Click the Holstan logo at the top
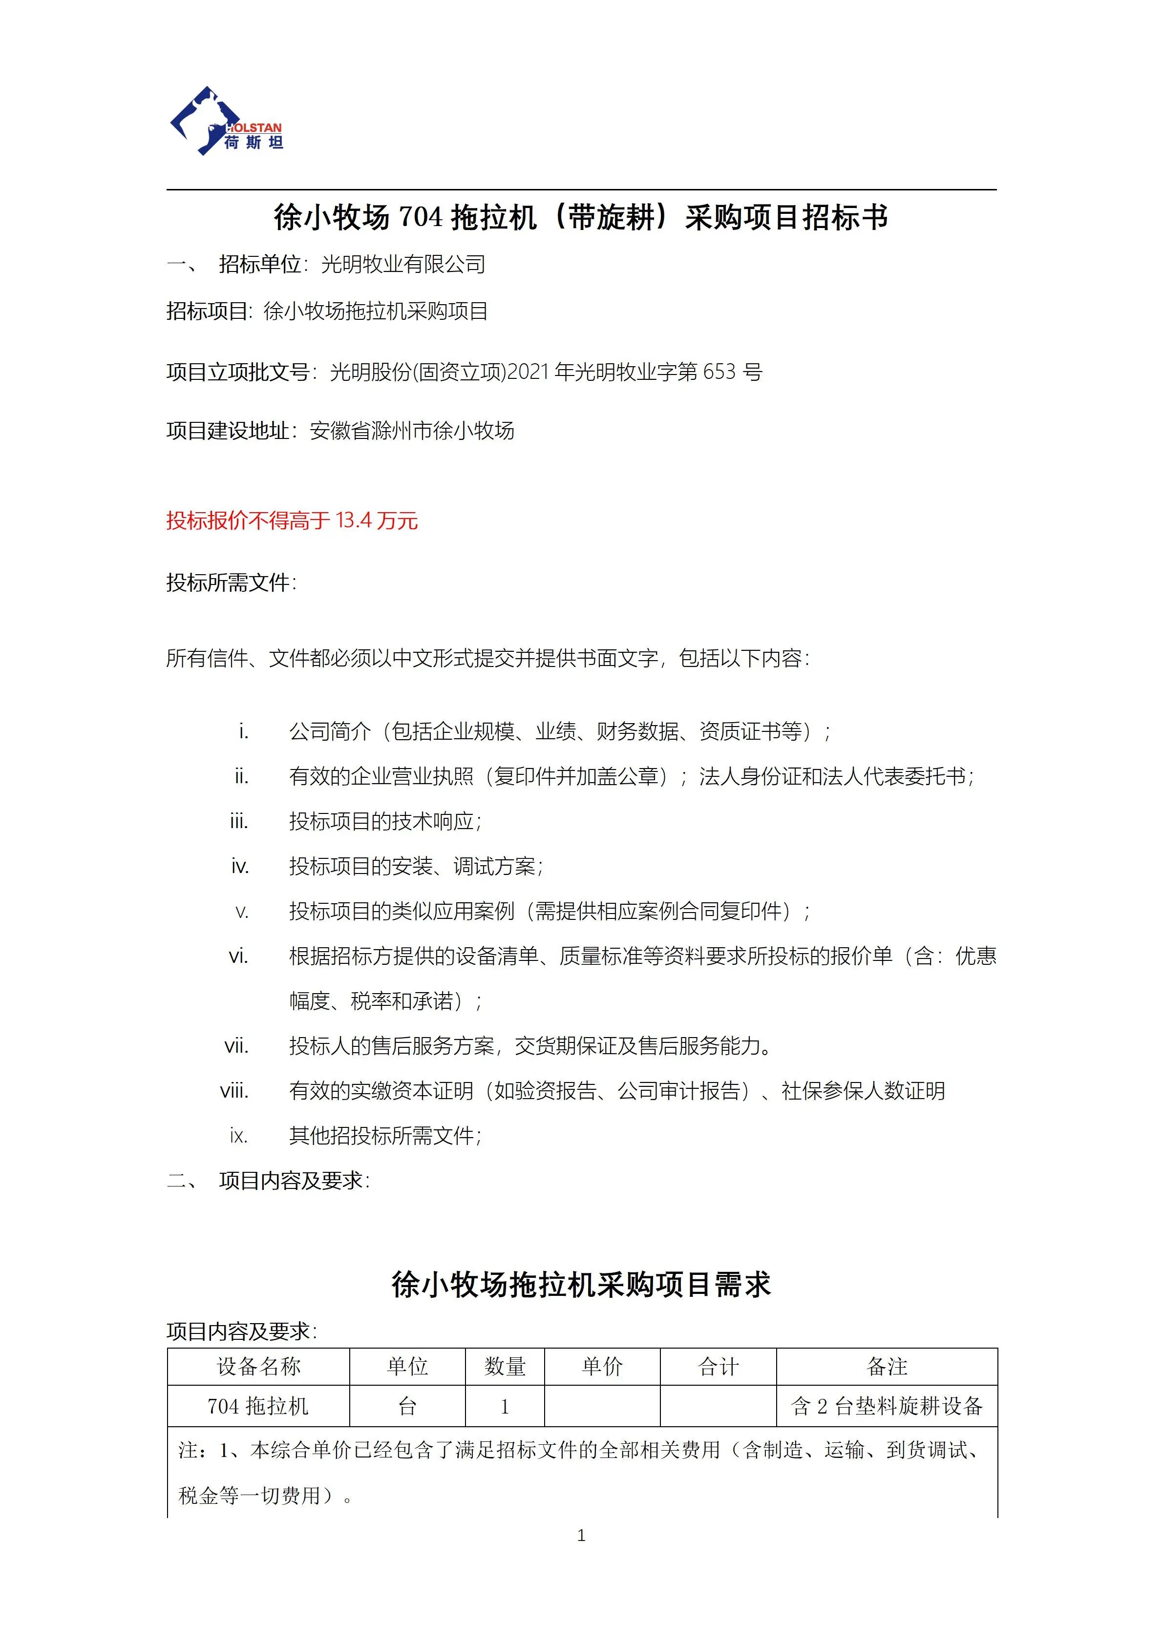click(x=226, y=122)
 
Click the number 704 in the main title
click(x=421, y=217)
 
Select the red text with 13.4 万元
click(x=292, y=520)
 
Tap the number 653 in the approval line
click(x=719, y=372)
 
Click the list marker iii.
click(x=239, y=821)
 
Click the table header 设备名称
click(x=258, y=1367)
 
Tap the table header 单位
click(x=407, y=1367)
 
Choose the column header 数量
click(x=505, y=1367)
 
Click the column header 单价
click(x=602, y=1367)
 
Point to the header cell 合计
click(x=719, y=1367)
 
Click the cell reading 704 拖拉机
click(x=258, y=1406)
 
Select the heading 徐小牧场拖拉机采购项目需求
click(x=581, y=1285)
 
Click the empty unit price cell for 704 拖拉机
click(x=602, y=1406)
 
